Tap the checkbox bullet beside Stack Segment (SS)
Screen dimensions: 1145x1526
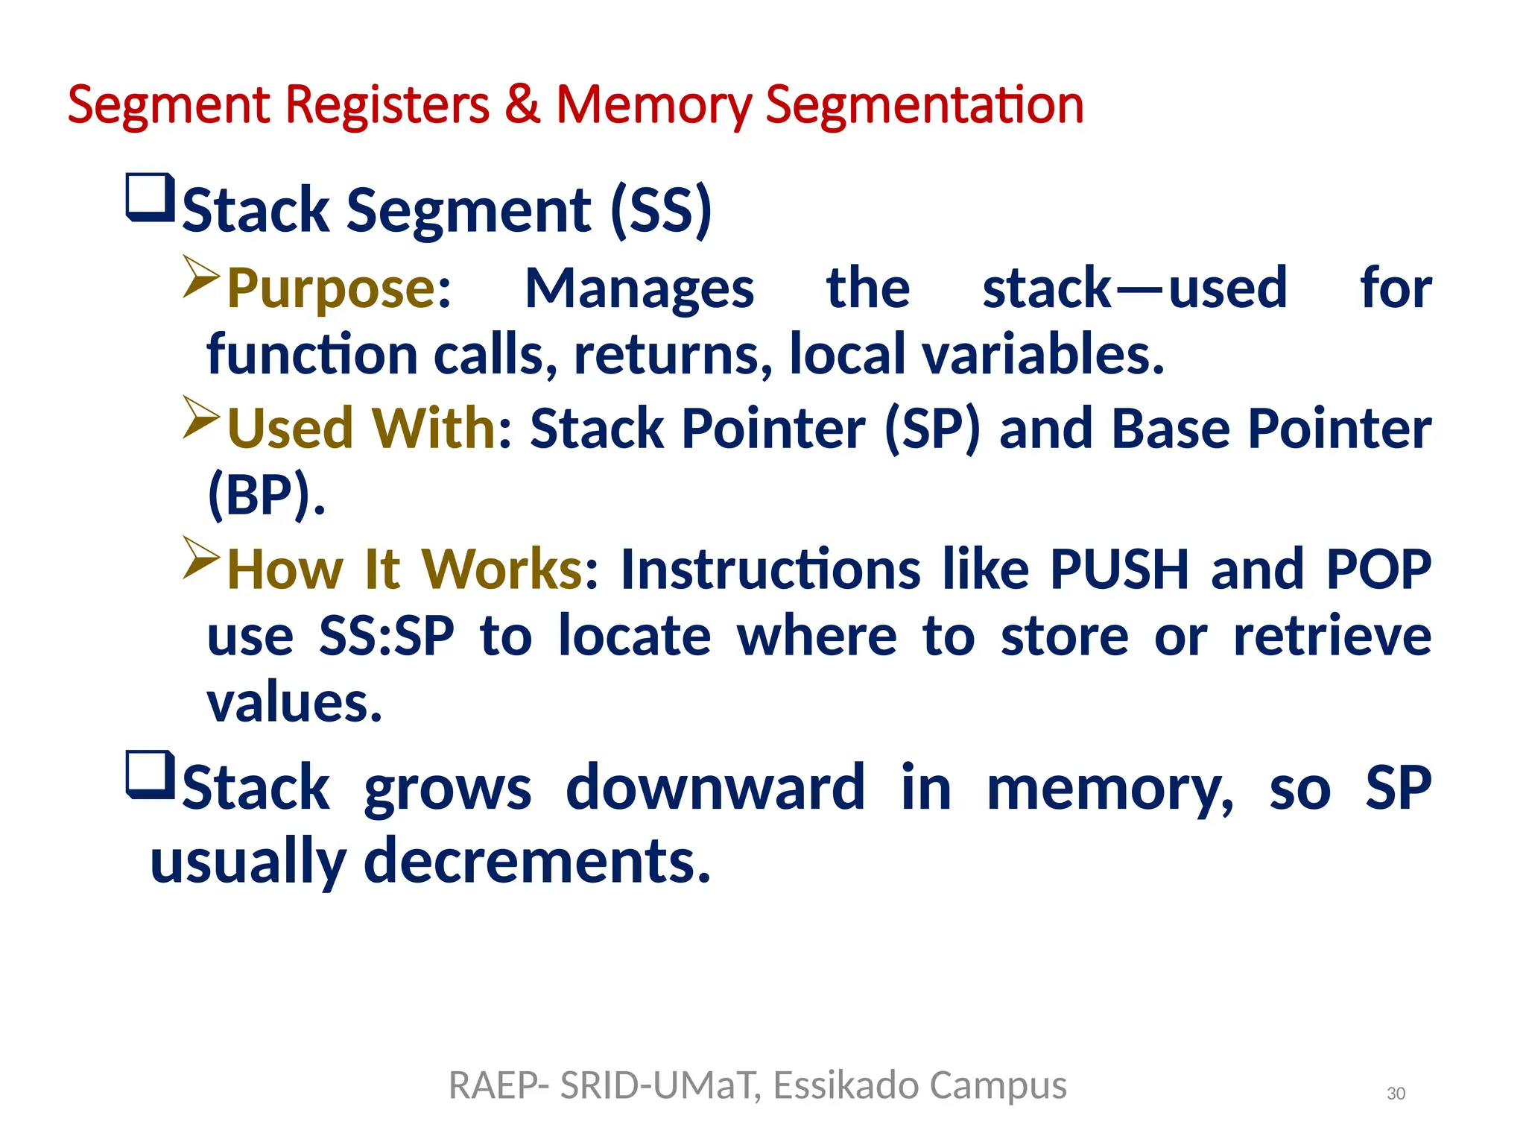click(150, 198)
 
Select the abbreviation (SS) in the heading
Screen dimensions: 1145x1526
click(660, 210)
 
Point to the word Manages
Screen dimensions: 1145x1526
click(639, 289)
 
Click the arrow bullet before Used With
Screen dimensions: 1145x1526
click(201, 417)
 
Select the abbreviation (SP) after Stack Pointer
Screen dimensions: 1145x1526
click(931, 429)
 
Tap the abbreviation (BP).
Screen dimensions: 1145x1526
click(266, 495)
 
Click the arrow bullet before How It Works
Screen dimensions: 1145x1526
click(201, 558)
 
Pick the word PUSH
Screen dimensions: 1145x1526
click(1118, 570)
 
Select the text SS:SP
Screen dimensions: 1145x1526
click(386, 637)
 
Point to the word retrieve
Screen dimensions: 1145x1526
click(1332, 637)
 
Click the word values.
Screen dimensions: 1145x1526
click(294, 703)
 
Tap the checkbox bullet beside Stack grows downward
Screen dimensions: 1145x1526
click(150, 775)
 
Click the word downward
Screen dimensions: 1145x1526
click(715, 788)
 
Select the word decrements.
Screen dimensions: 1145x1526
click(536, 861)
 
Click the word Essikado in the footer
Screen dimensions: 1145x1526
click(846, 1085)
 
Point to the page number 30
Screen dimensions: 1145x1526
click(1396, 1094)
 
